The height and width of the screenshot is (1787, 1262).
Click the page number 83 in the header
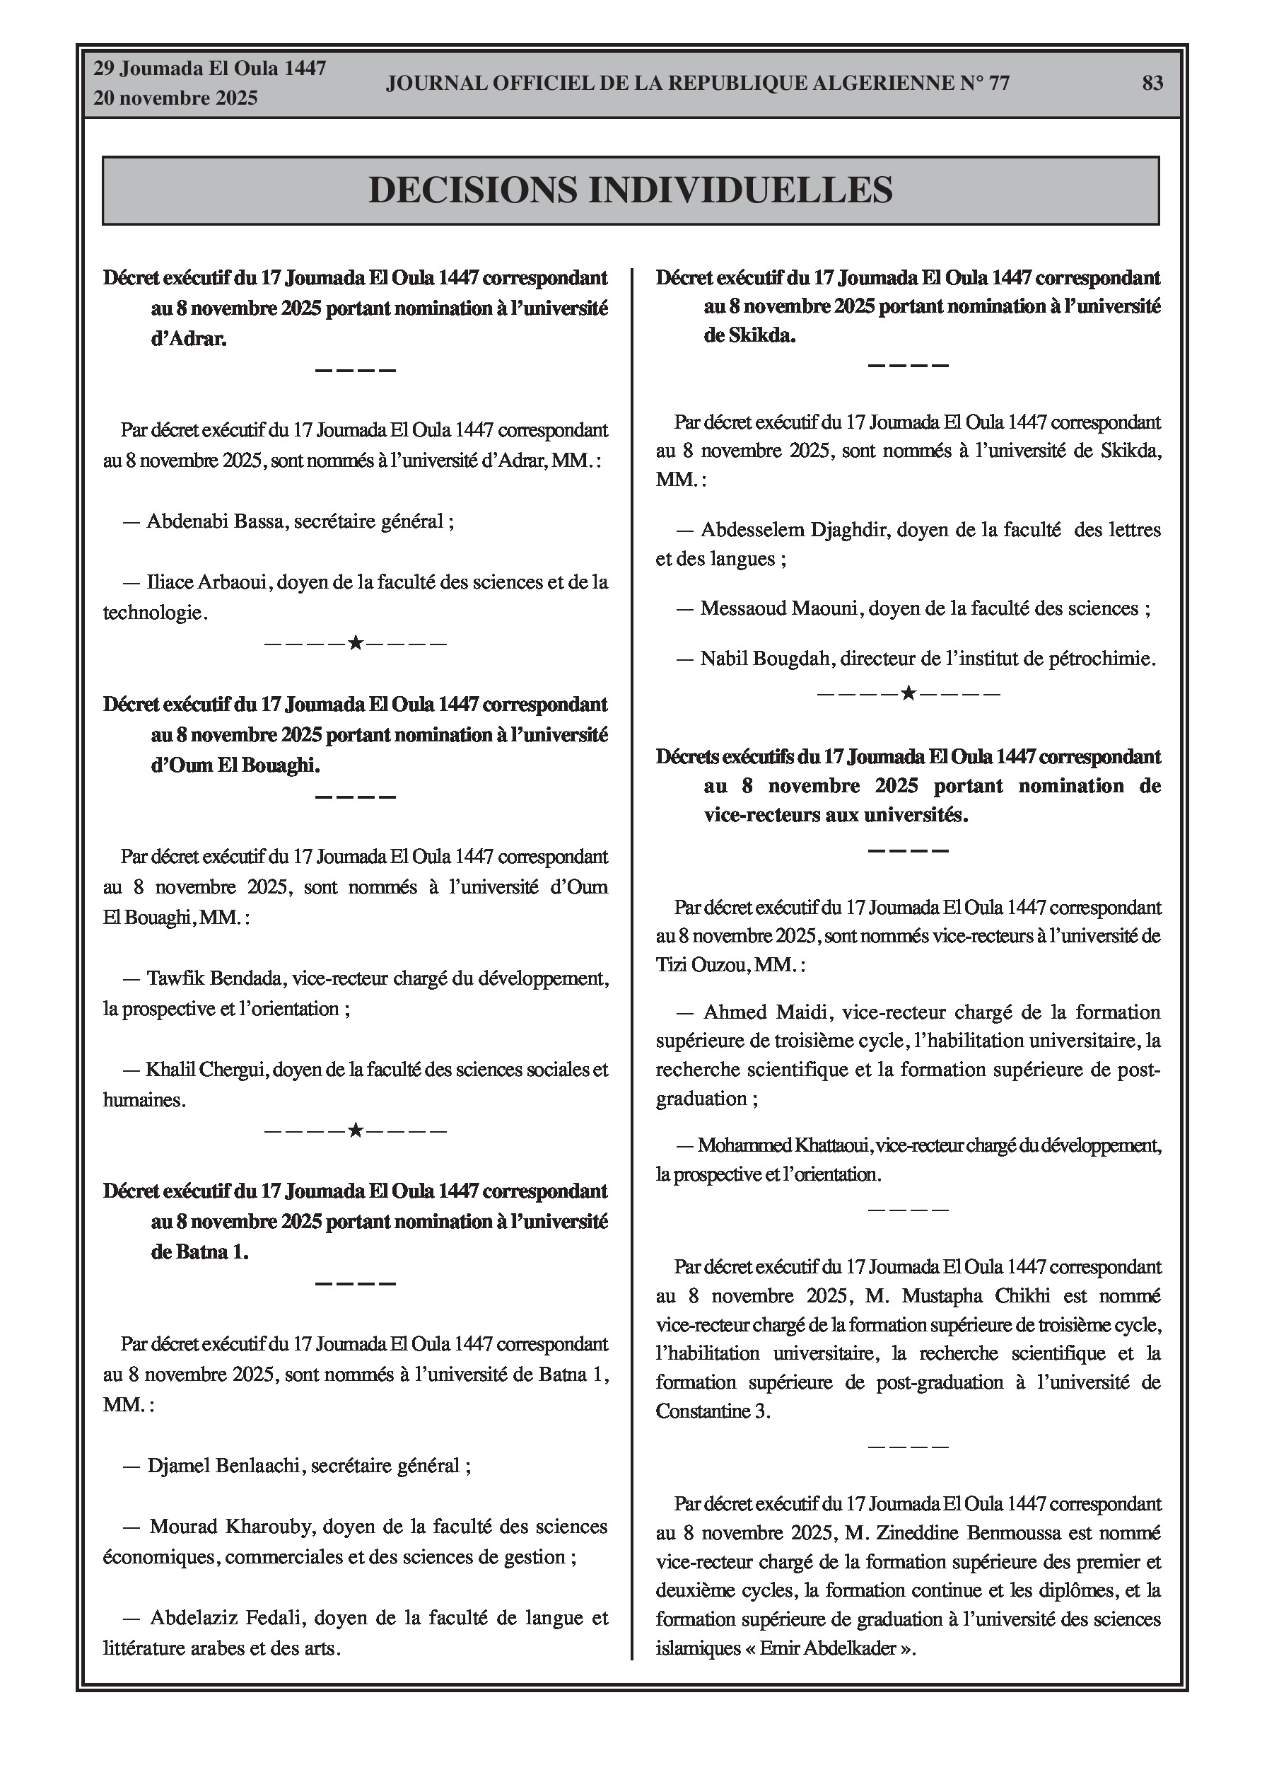click(1152, 83)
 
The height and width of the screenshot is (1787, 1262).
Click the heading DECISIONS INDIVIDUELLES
click(630, 190)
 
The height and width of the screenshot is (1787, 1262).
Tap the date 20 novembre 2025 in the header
click(175, 99)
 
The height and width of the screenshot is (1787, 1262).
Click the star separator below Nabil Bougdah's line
click(907, 693)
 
